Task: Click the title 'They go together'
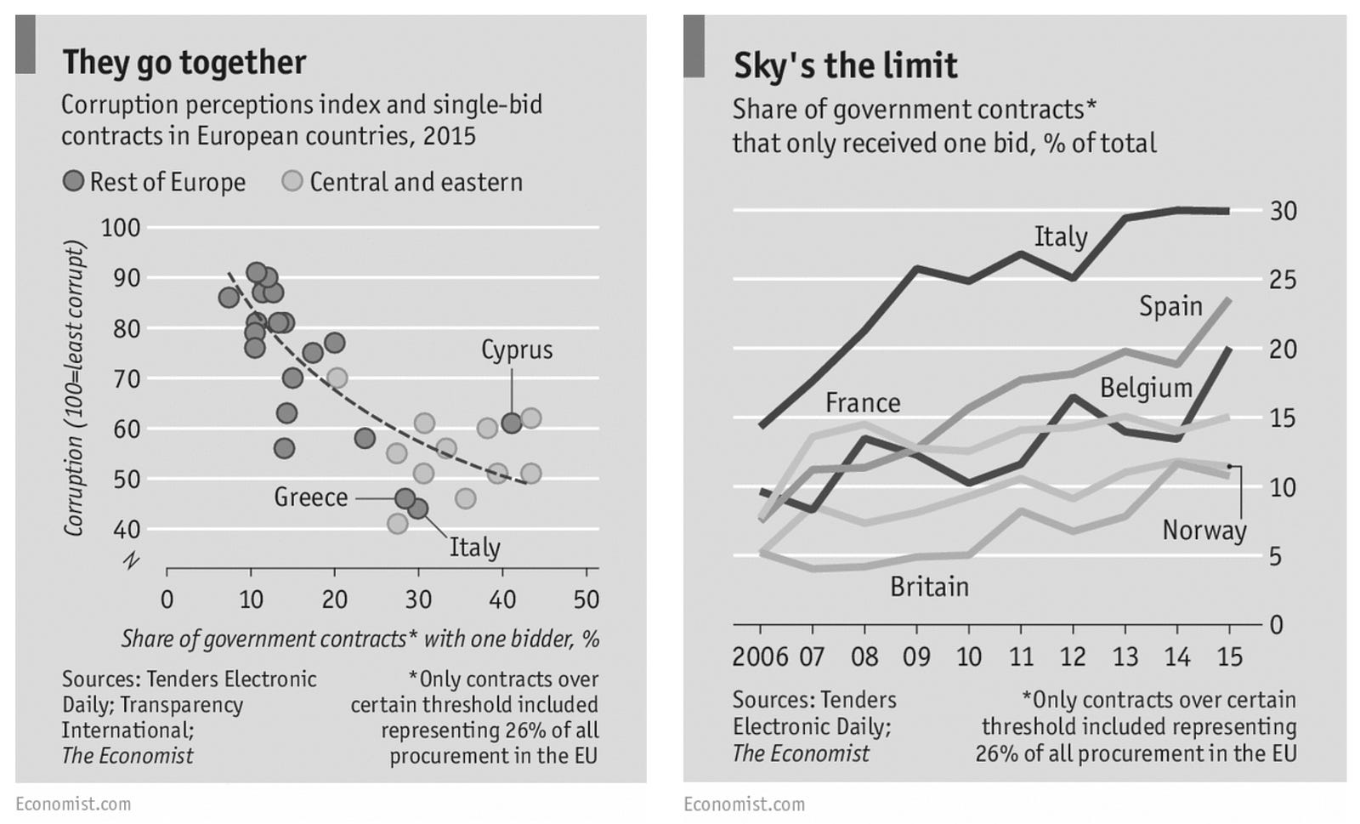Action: (x=184, y=63)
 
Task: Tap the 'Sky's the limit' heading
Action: (x=845, y=66)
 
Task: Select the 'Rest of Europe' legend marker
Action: (x=74, y=181)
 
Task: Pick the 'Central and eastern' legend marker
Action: (x=292, y=181)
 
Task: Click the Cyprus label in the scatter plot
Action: (x=517, y=349)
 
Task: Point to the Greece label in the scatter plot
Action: (x=310, y=497)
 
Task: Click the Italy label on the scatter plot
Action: (x=474, y=547)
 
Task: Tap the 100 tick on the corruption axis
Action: (x=120, y=228)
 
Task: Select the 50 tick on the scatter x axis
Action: (x=586, y=600)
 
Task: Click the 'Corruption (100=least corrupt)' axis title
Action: (x=75, y=389)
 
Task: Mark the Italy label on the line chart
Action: (x=1060, y=236)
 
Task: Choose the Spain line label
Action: (x=1170, y=306)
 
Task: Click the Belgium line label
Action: (x=1146, y=389)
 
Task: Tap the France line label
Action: (x=862, y=402)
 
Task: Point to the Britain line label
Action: (x=929, y=587)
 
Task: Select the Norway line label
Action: (x=1204, y=531)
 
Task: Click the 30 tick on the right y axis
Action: (x=1283, y=211)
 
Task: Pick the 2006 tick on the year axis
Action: (x=760, y=656)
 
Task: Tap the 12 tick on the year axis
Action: (x=1073, y=656)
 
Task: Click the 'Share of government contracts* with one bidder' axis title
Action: (x=360, y=639)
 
